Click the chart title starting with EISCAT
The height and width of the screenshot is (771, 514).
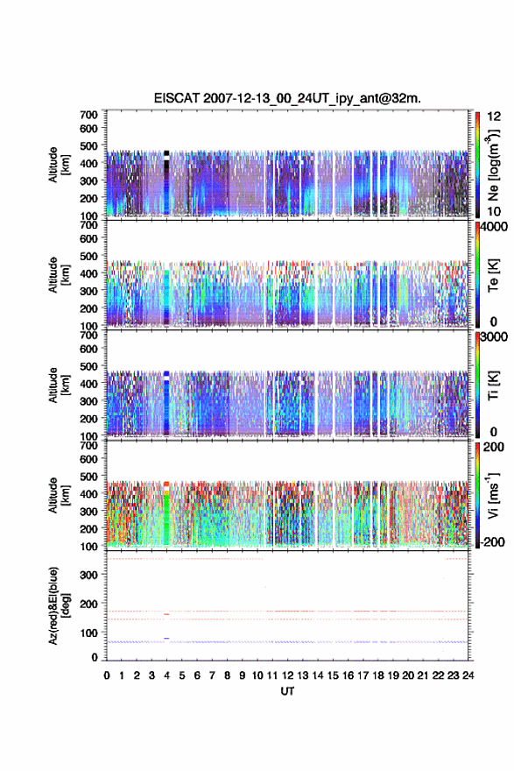pyautogui.click(x=287, y=98)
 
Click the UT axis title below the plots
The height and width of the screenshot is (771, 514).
pyautogui.click(x=287, y=691)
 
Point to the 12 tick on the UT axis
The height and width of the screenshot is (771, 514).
pyautogui.click(x=287, y=676)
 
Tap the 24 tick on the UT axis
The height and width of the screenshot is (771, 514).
pyautogui.click(x=468, y=676)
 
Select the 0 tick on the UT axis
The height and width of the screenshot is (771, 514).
pyautogui.click(x=107, y=676)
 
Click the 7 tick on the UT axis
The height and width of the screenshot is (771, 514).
pyautogui.click(x=212, y=676)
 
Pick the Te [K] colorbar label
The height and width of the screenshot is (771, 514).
pyautogui.click(x=493, y=275)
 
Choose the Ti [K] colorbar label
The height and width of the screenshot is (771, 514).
pyautogui.click(x=493, y=385)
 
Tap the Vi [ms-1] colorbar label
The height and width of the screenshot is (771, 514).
pyautogui.click(x=493, y=495)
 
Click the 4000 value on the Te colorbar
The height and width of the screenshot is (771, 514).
pyautogui.click(x=494, y=228)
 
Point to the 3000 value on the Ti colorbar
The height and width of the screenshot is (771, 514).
pyautogui.click(x=494, y=337)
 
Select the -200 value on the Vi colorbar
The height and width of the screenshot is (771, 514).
pyautogui.click(x=491, y=541)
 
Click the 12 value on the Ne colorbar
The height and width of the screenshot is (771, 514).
pyautogui.click(x=494, y=117)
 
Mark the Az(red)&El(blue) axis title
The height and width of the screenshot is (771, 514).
pyautogui.click(x=57, y=605)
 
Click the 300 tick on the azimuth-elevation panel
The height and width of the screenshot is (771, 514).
pyautogui.click(x=89, y=575)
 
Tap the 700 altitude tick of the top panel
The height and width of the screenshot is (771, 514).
pyautogui.click(x=89, y=115)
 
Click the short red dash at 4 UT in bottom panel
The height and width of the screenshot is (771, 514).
pyautogui.click(x=166, y=614)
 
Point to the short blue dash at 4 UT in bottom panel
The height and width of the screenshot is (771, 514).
pyautogui.click(x=166, y=638)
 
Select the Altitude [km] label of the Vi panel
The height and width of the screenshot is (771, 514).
pyautogui.click(x=57, y=495)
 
